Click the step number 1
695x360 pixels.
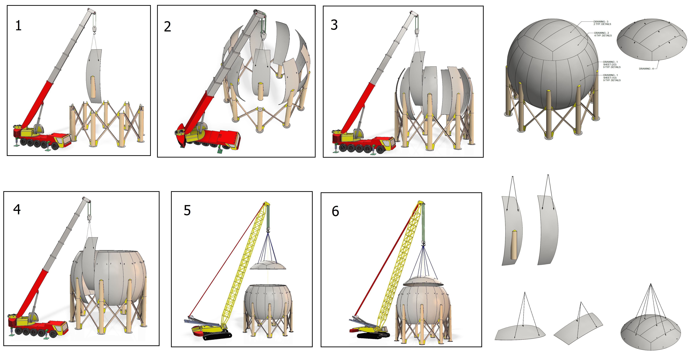18,26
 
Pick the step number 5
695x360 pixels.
187,210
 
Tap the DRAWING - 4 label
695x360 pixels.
646,69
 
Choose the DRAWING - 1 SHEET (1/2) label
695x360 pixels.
612,78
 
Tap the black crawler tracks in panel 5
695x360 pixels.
217,336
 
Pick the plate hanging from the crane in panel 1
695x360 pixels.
94,76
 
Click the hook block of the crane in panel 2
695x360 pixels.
263,35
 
